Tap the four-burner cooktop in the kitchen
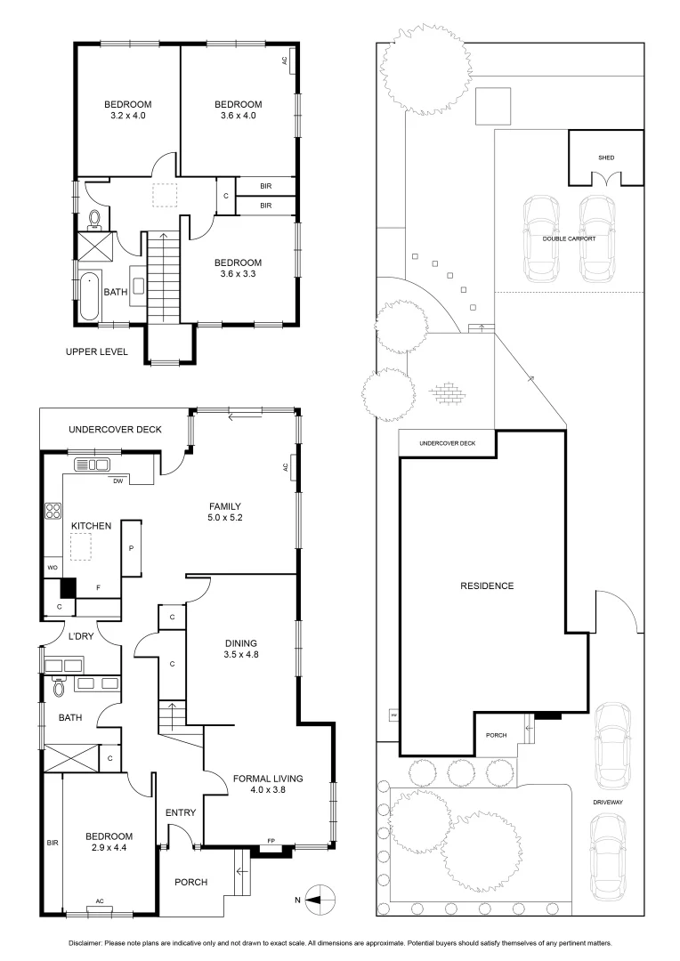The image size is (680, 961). tap(53, 512)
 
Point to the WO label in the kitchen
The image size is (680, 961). tap(51, 567)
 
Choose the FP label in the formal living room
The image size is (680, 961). tap(271, 841)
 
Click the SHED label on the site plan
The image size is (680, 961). tap(606, 157)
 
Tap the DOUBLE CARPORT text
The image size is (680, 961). tap(569, 238)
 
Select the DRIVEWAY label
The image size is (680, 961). tap(611, 803)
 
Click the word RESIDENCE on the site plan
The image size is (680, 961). tap(487, 585)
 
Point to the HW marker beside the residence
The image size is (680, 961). tap(393, 714)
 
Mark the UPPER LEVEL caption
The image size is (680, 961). tap(97, 351)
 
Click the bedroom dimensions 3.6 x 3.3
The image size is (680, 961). tap(238, 275)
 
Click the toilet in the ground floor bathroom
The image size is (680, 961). tap(60, 688)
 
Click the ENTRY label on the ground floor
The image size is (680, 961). tap(181, 812)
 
